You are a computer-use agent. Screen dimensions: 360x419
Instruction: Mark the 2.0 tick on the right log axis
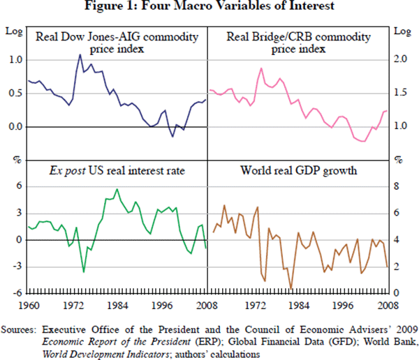pos(398,60)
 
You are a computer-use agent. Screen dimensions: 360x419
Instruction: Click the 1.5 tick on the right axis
pos(398,93)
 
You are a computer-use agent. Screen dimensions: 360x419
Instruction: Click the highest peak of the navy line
pos(80,54)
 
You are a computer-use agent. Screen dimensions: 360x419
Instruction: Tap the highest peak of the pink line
pos(260,68)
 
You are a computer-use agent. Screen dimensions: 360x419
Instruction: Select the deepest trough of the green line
pos(84,272)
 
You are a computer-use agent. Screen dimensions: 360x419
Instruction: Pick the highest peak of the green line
pos(117,189)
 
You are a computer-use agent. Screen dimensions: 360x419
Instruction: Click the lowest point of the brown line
pos(291,288)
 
